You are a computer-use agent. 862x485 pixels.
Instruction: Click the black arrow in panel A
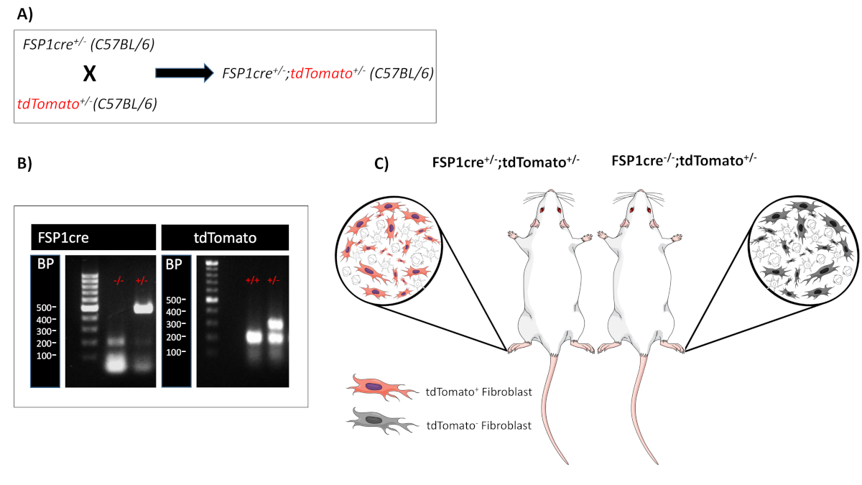pyautogui.click(x=185, y=73)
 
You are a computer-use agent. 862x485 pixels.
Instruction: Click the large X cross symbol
pyautogui.click(x=90, y=74)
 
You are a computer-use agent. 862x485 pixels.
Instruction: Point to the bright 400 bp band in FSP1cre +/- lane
pyautogui.click(x=142, y=309)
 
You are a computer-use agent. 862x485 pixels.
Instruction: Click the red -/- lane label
pyautogui.click(x=119, y=279)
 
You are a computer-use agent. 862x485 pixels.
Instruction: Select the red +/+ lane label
pyautogui.click(x=250, y=279)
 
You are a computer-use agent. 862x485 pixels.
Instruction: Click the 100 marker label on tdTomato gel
pyautogui.click(x=175, y=351)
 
